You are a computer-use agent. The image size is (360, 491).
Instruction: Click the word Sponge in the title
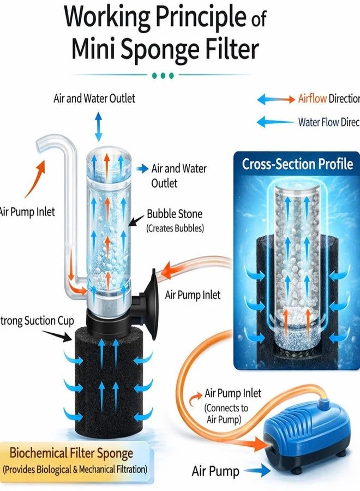coord(178,50)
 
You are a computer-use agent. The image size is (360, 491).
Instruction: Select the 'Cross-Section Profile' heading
coord(297,164)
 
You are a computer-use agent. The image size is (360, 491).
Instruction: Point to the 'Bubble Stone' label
coord(175,214)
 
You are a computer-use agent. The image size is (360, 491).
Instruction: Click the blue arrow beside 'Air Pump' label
coord(251,470)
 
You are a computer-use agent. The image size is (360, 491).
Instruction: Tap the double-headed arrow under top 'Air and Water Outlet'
coord(98,127)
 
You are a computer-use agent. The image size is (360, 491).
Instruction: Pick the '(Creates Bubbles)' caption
coord(175,228)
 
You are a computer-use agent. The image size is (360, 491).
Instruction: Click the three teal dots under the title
coord(163,75)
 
